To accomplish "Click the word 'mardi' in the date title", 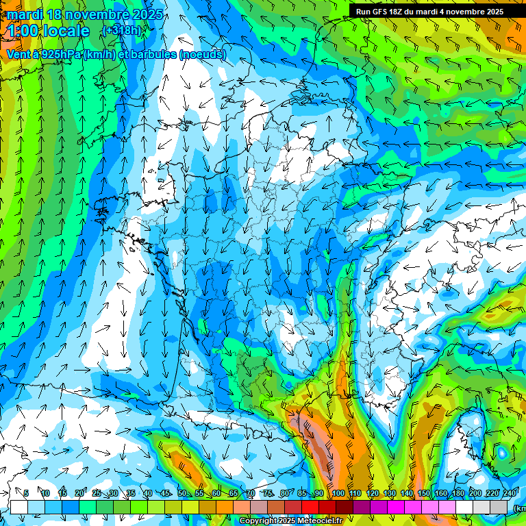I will point(25,14).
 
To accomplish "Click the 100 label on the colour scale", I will point(338,494).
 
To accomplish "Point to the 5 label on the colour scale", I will point(27,494).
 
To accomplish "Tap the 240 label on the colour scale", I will point(508,494).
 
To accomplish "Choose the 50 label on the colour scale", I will point(182,494).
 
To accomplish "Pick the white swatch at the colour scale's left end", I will point(19,506).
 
